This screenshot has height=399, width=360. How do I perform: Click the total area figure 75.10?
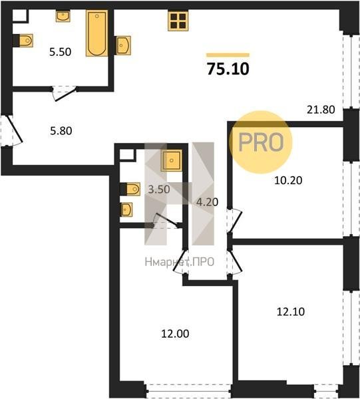coord(228,69)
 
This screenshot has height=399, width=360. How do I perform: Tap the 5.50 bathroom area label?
coord(60,52)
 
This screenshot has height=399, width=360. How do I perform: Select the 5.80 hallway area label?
coord(61,131)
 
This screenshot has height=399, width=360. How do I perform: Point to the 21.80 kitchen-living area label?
coord(321,110)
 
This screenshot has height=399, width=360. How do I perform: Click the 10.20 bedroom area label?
coord(288,180)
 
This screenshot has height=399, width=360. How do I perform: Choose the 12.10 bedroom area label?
coord(291,312)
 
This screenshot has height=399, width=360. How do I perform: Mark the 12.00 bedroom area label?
coord(175,334)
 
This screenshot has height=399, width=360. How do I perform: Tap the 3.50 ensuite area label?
coord(159,190)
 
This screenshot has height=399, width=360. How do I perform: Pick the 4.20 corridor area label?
coord(207,202)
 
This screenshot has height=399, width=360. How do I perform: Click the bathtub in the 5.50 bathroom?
coord(96,33)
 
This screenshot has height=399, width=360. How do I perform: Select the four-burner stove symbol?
coord(178,21)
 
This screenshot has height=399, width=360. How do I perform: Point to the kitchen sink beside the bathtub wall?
coord(124,45)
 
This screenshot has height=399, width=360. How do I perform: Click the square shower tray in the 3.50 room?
coord(171,160)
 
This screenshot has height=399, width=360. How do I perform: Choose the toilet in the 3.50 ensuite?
coord(130,189)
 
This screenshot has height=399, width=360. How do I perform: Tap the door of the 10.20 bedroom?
coord(236,220)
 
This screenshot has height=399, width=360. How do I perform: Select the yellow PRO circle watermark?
coord(260,142)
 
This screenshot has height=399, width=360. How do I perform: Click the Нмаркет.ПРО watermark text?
coord(180,262)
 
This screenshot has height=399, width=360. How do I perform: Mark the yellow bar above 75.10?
coord(228,55)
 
